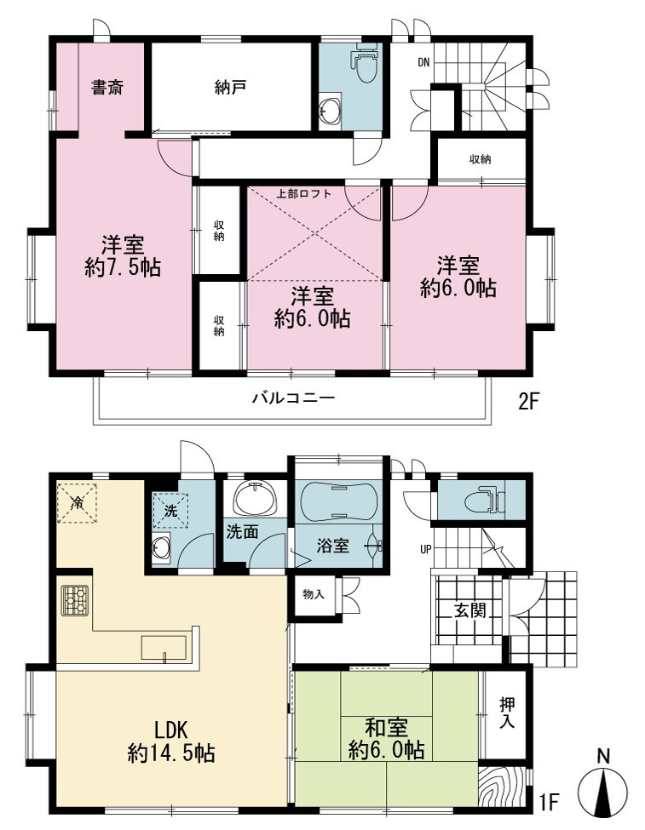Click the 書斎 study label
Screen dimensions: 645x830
click(107, 88)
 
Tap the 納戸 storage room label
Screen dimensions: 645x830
click(230, 88)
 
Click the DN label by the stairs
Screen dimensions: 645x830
click(423, 62)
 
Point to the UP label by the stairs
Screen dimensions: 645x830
click(425, 550)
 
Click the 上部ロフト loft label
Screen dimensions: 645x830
click(303, 194)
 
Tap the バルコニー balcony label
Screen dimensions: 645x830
click(293, 397)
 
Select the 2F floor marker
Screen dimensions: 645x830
click(527, 403)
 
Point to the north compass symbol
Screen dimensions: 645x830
click(602, 786)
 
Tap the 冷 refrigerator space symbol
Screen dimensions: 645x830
click(77, 503)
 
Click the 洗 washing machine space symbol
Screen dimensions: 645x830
click(170, 512)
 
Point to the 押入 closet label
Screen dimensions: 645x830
click(507, 713)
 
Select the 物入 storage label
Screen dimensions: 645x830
click(314, 594)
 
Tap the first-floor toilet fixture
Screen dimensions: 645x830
click(485, 501)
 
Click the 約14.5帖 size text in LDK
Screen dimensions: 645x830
click(171, 753)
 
